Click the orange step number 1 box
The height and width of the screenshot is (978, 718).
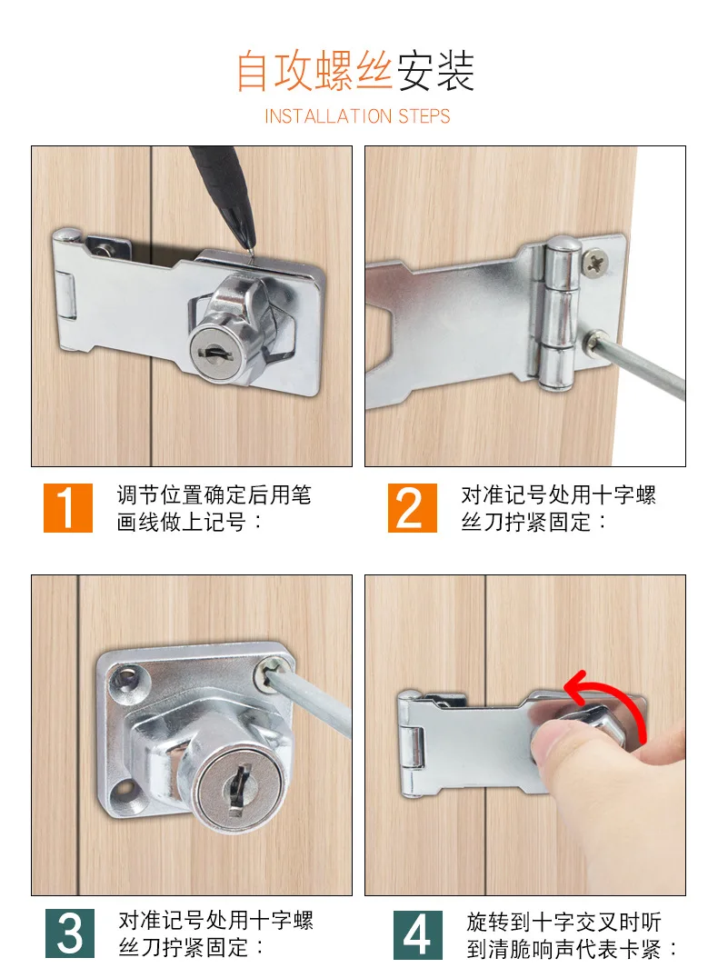68,508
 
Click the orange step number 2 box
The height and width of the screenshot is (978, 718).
412,508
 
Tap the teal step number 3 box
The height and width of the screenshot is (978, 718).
70,934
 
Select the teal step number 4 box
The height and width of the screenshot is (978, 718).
418,934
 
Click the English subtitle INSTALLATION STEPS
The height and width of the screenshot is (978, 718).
357,116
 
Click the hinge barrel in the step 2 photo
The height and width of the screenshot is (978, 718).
561,314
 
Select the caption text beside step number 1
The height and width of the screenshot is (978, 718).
214,509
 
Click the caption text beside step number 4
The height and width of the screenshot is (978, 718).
573,935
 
